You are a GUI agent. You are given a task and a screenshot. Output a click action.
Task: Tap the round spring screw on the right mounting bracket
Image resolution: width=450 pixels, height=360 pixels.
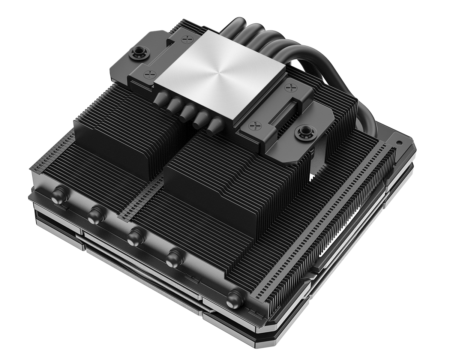[302, 132]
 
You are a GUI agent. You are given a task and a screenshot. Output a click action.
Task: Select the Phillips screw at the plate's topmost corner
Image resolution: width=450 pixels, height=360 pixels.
[187, 39]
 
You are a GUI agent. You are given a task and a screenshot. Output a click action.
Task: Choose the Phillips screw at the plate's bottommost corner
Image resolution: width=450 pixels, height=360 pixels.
[256, 126]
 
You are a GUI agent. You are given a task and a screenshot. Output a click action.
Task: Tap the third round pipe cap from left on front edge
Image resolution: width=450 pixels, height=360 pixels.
[134, 237]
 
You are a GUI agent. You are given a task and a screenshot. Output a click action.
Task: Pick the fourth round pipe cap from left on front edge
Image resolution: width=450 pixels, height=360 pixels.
[173, 258]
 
